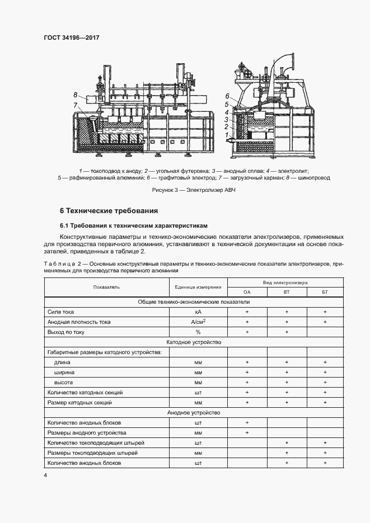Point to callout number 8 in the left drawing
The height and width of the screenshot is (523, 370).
tap(75, 95)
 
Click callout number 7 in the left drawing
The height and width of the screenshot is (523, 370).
tap(75, 105)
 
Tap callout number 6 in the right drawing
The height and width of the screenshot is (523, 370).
tap(227, 96)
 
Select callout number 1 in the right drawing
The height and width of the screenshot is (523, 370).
tap(226, 135)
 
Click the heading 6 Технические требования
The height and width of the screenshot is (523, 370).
tap(109, 211)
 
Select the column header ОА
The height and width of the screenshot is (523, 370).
tap(247, 292)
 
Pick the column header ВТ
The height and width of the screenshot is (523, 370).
tap(287, 292)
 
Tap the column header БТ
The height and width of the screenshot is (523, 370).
tap(325, 292)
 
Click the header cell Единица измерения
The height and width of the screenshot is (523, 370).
tap(198, 287)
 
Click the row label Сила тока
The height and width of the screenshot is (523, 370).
tap(61, 312)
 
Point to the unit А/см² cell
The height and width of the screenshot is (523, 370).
tap(198, 322)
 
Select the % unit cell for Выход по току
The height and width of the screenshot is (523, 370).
tap(198, 332)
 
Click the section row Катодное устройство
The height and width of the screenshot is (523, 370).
tap(194, 342)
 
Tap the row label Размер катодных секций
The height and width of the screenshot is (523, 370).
tap(80, 402)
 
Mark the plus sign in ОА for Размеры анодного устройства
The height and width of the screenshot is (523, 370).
tap(247, 432)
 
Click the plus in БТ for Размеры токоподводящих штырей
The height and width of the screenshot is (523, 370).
tap(325, 453)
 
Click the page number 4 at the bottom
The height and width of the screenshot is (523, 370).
tap(45, 475)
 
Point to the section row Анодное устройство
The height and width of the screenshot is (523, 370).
tap(194, 412)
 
